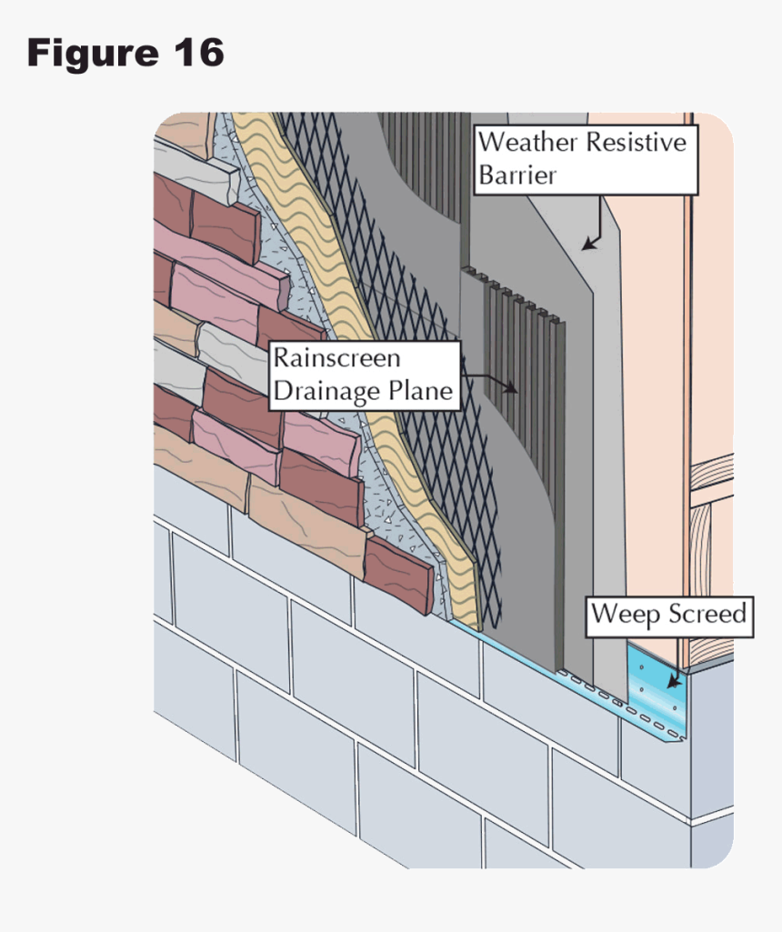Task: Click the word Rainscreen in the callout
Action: pyautogui.click(x=336, y=357)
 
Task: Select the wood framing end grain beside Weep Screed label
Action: pyautogui.click(x=714, y=546)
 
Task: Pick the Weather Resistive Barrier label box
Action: pyautogui.click(x=586, y=159)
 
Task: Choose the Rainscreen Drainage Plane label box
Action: pyautogui.click(x=364, y=374)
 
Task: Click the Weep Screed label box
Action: pyautogui.click(x=669, y=615)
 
